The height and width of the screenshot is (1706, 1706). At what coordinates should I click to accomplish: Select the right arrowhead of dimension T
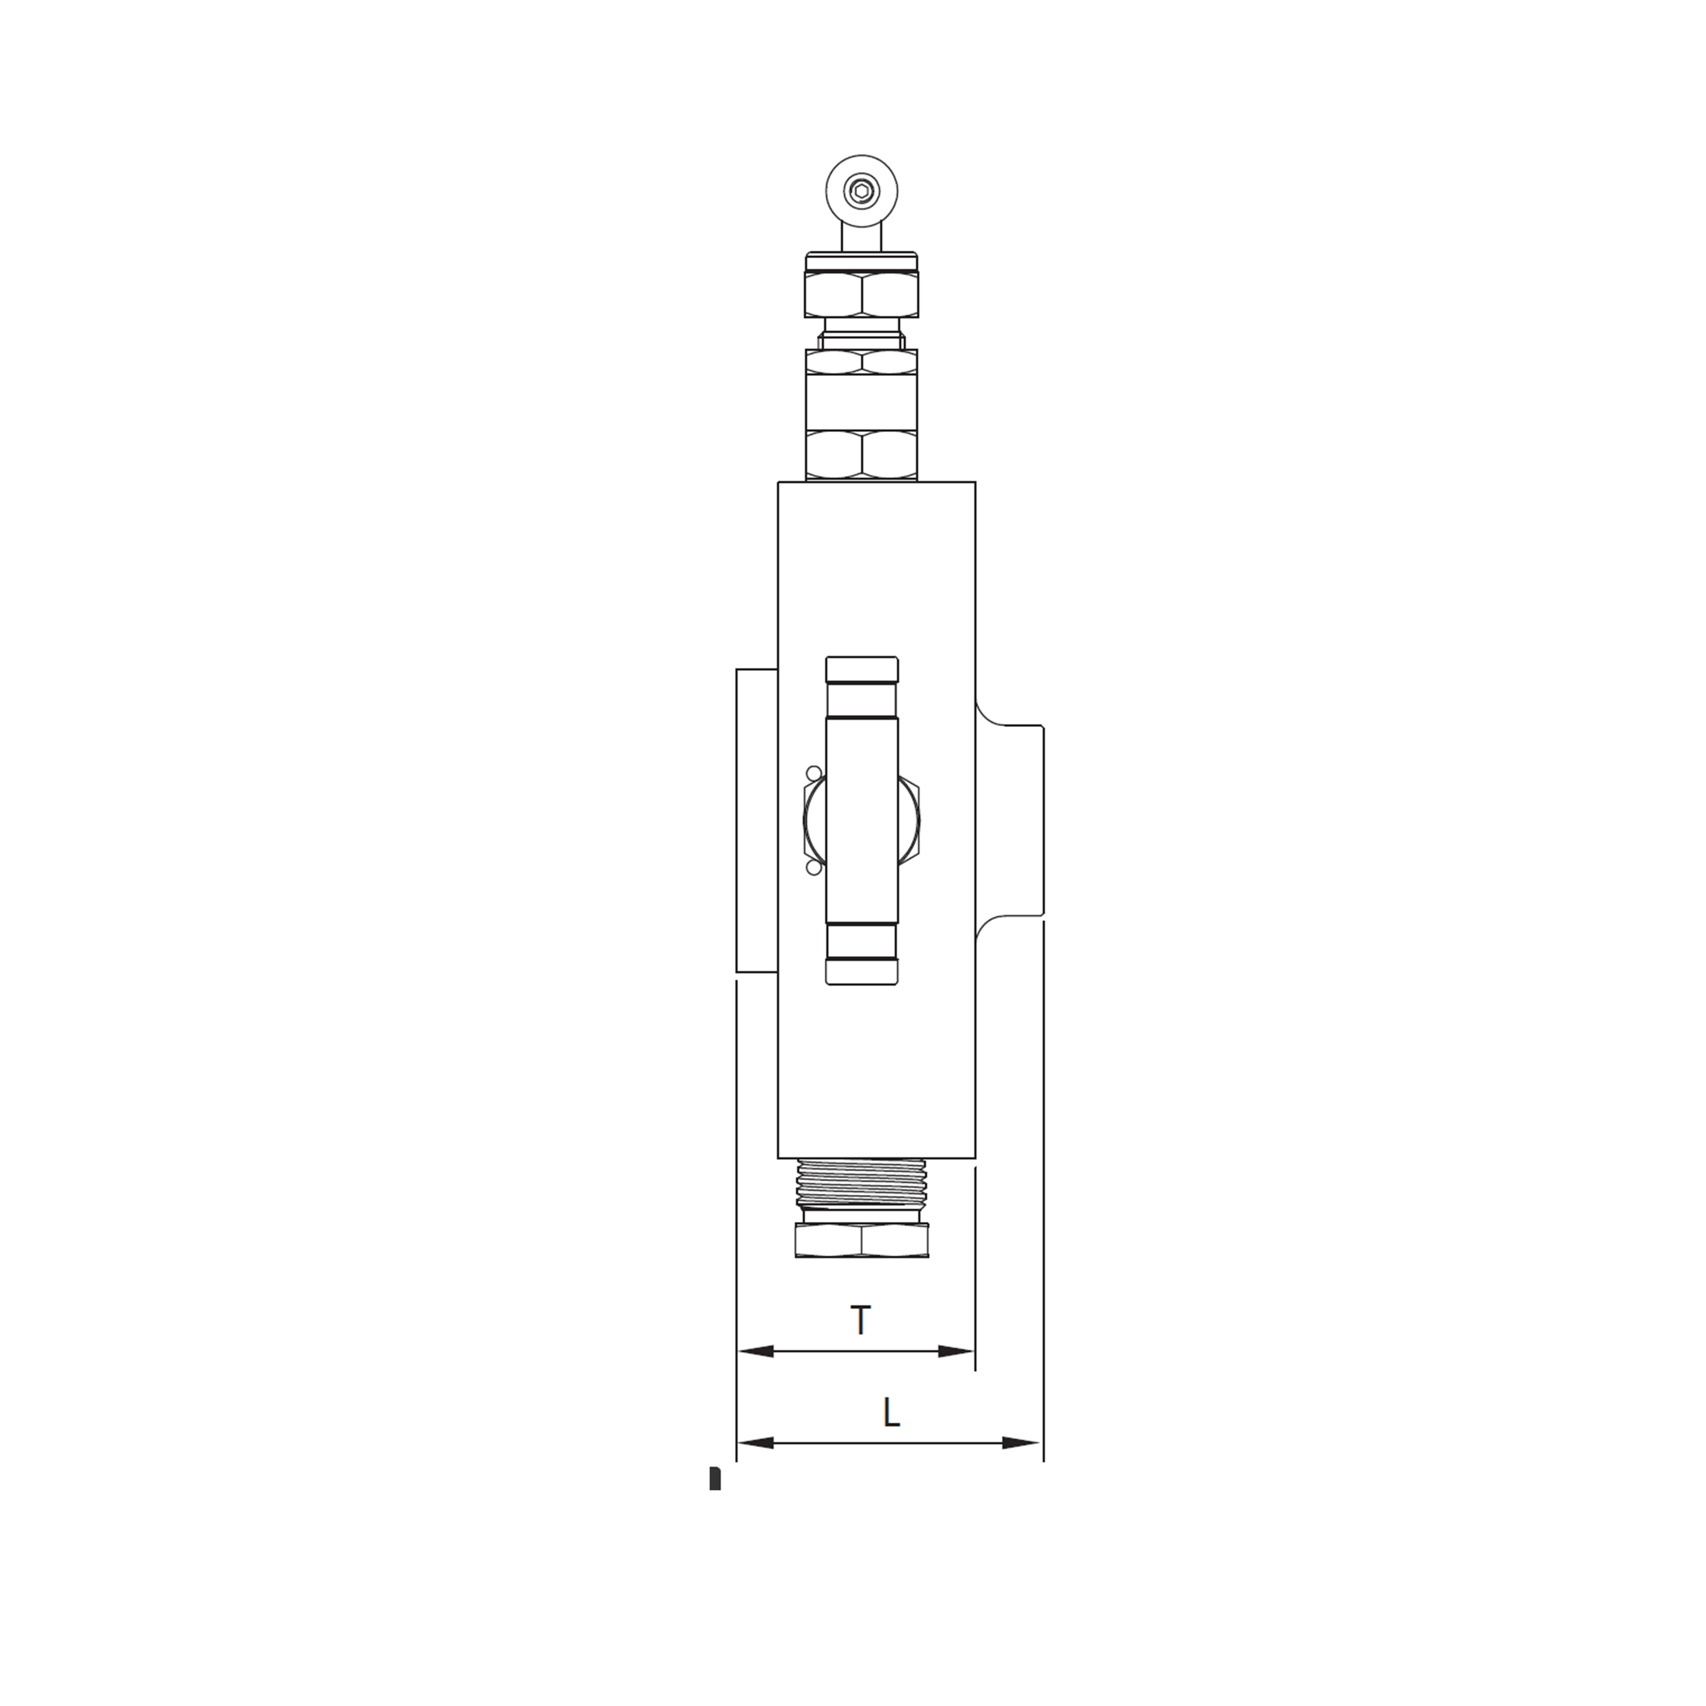956,1376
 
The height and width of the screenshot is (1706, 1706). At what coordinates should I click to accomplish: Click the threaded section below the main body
861,1183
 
